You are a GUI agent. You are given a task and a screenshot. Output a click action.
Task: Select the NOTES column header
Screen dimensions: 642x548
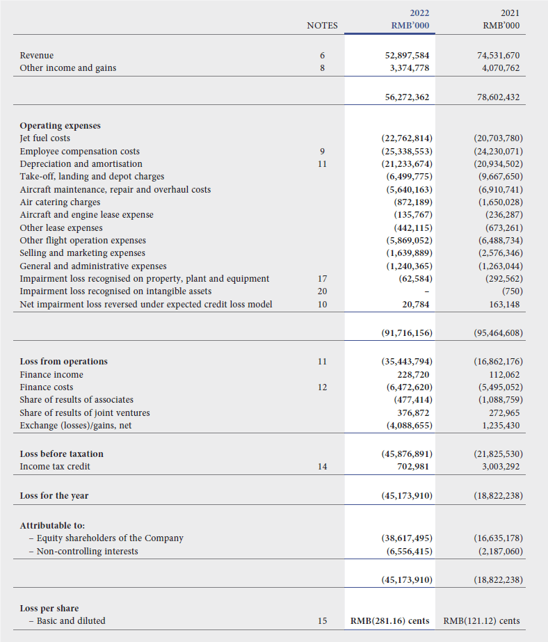pyautogui.click(x=322, y=26)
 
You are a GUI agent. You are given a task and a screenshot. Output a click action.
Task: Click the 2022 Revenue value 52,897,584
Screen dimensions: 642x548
pyautogui.click(x=407, y=55)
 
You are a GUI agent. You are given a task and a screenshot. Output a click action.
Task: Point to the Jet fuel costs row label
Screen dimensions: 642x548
pyautogui.click(x=45, y=138)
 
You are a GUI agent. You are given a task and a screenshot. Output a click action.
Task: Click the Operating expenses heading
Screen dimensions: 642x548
pyautogui.click(x=60, y=126)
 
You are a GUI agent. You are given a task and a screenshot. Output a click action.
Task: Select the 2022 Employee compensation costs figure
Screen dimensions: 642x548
pyautogui.click(x=407, y=151)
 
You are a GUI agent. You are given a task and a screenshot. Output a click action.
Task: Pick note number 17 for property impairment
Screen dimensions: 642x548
pyautogui.click(x=322, y=279)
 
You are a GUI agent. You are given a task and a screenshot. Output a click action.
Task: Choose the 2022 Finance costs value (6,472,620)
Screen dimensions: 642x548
pyautogui.click(x=409, y=387)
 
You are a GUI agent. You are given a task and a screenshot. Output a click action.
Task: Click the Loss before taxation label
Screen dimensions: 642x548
pyautogui.click(x=61, y=454)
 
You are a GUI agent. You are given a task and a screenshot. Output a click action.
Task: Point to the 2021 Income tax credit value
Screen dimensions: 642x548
pyautogui.click(x=500, y=467)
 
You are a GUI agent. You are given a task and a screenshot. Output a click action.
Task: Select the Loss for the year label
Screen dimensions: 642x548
pyautogui.click(x=54, y=496)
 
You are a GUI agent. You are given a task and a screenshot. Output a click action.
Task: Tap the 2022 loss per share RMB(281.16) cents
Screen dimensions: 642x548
pyautogui.click(x=389, y=620)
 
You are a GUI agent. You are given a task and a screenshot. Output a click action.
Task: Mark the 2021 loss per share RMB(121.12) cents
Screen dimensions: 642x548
pyautogui.click(x=481, y=620)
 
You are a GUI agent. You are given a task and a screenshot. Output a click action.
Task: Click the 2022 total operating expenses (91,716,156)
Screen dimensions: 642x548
pyautogui.click(x=407, y=332)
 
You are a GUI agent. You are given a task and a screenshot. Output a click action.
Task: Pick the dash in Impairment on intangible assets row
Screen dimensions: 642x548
pyautogui.click(x=424, y=291)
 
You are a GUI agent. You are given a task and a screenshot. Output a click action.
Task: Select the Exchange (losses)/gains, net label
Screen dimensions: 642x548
pyautogui.click(x=75, y=425)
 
